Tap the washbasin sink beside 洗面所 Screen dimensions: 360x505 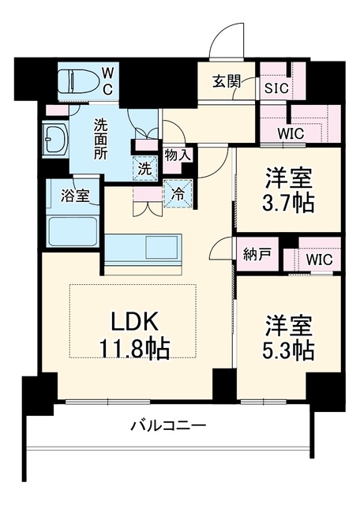tap(54, 139)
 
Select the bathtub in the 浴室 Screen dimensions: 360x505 tap(73, 230)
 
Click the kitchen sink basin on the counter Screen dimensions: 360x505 tap(162, 247)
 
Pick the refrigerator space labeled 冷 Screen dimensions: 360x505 tap(178, 193)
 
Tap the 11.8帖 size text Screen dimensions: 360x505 tap(134, 349)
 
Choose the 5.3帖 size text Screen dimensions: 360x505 tap(288, 350)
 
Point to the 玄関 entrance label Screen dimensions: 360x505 tap(227, 82)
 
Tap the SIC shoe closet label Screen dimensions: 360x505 tap(276, 88)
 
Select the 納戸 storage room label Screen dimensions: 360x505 tap(257, 255)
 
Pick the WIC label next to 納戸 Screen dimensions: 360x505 tap(319, 260)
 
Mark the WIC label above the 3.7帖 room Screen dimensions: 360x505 tap(291, 133)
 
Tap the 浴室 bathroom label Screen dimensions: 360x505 tap(75, 196)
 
